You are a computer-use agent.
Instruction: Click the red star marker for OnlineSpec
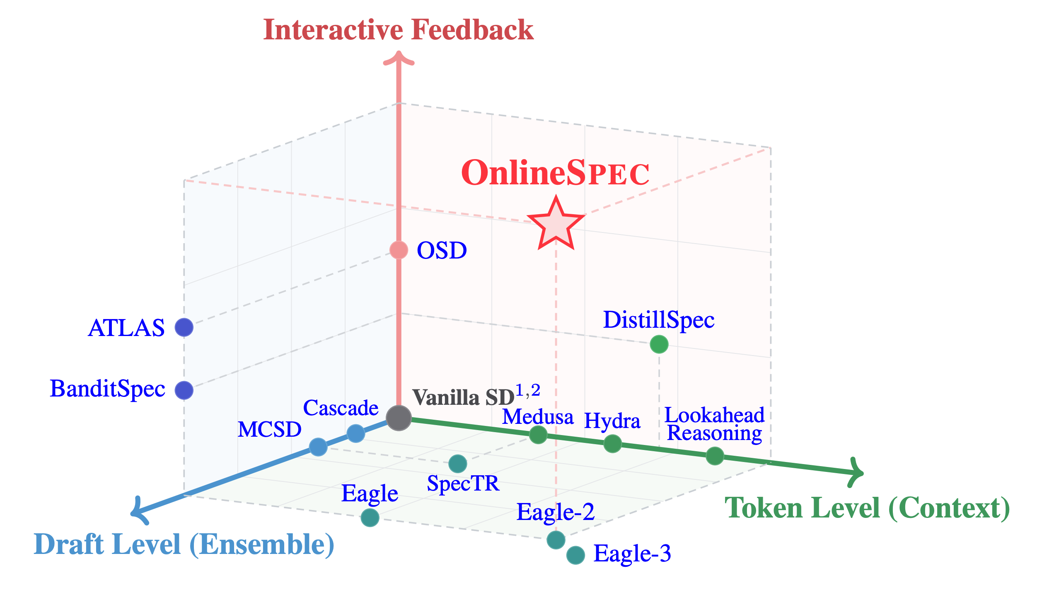tap(556, 226)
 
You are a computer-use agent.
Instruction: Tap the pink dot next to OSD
tap(399, 250)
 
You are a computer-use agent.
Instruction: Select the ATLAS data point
tap(184, 327)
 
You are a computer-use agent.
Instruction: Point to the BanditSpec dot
tap(184, 390)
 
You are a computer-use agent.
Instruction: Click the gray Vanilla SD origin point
tap(399, 418)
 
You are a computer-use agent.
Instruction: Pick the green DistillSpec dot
tap(659, 344)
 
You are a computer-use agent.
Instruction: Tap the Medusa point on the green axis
tap(538, 435)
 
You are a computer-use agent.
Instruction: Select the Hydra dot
tap(612, 444)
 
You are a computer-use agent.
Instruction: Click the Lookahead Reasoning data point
tap(715, 456)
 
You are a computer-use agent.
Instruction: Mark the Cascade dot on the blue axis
tap(355, 434)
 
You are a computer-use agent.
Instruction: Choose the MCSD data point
tap(318, 447)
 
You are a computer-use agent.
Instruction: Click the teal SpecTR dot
tap(458, 464)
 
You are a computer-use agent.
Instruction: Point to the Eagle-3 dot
tap(575, 555)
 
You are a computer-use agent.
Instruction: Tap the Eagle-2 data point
tap(556, 539)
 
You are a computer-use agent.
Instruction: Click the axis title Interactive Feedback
tap(398, 30)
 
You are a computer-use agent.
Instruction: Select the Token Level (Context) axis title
tap(867, 509)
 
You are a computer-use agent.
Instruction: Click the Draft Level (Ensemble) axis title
tap(184, 545)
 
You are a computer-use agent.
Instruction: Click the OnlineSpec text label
tap(555, 173)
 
